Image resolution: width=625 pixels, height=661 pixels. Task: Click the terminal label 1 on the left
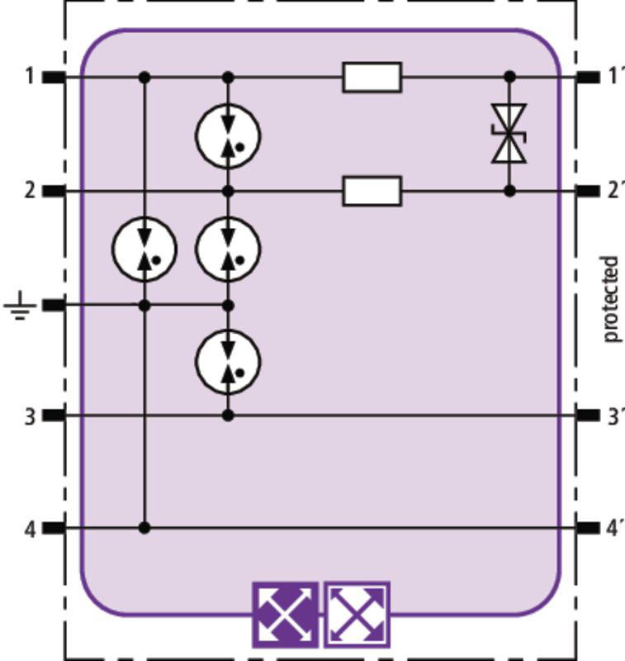(29, 77)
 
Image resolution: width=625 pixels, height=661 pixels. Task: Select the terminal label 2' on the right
(616, 191)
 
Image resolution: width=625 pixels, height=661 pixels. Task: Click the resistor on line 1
(372, 77)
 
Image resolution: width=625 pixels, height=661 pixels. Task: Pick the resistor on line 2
(372, 191)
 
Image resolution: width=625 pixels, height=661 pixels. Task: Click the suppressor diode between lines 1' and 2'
(509, 134)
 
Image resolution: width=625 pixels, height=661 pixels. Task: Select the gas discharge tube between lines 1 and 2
(228, 136)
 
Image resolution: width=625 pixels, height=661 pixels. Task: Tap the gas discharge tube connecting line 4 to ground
(144, 250)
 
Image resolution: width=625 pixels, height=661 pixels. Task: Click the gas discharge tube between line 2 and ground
(228, 250)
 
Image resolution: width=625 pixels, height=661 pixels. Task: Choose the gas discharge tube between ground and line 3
(228, 362)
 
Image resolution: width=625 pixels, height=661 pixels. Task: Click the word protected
(611, 298)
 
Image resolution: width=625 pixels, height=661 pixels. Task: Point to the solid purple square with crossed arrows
(285, 615)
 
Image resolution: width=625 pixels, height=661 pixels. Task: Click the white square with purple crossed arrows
(357, 615)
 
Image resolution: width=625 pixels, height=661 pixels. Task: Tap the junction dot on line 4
(144, 528)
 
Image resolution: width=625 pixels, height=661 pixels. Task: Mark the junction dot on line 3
(228, 416)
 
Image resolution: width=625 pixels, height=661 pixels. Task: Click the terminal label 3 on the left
(30, 416)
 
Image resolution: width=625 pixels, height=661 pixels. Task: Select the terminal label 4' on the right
(615, 529)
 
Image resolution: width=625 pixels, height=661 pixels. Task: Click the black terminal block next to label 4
(54, 528)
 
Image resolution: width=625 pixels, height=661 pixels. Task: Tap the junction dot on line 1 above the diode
(509, 77)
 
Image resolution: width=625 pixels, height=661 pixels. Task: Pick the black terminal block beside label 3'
(588, 416)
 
